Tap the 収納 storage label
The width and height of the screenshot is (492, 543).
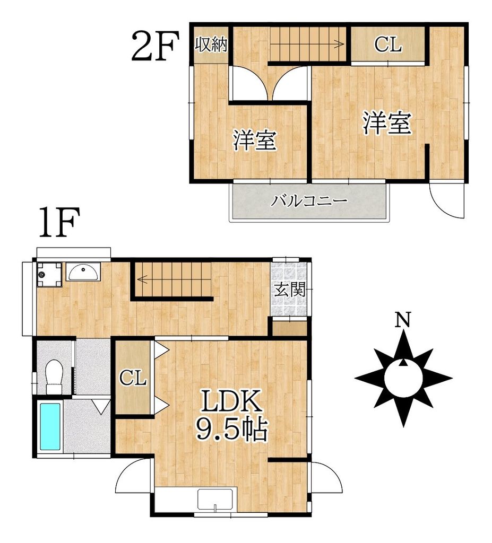(x=211, y=45)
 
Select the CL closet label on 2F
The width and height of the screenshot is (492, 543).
(x=387, y=46)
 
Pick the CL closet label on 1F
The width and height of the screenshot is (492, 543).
(x=132, y=378)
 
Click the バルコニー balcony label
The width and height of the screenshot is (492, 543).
(x=309, y=202)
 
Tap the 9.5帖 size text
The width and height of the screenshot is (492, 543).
(x=231, y=430)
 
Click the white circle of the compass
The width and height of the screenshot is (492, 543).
(x=404, y=378)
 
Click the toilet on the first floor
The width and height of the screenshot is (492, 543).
(x=54, y=376)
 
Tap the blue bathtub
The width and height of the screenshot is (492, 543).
(x=50, y=426)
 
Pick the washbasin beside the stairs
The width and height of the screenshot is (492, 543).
(x=82, y=273)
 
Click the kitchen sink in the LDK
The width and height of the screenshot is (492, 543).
(x=216, y=500)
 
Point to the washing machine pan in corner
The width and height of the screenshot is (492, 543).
(x=49, y=274)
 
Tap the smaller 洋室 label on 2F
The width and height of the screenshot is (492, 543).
(x=255, y=141)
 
